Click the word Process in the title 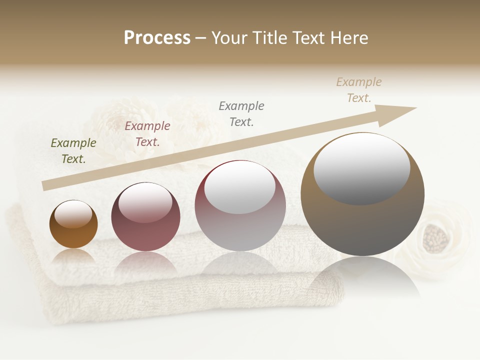(x=157, y=38)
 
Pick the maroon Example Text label (x=147, y=134)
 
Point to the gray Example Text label (x=241, y=113)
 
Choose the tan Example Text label (x=359, y=90)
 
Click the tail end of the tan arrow (x=43, y=186)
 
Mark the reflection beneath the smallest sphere (x=73, y=256)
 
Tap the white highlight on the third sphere (x=240, y=189)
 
